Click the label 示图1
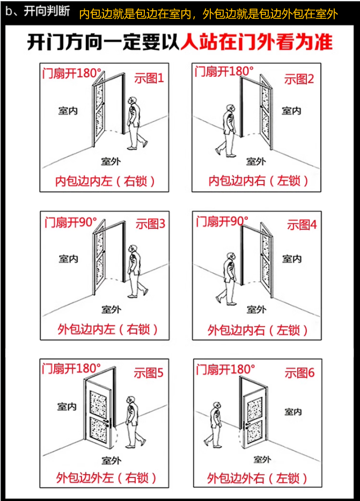point(149,78)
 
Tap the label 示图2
point(299,79)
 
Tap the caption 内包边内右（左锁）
point(259,181)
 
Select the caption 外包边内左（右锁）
point(107,329)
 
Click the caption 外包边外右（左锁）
point(258,477)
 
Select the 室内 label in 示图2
point(291,111)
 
